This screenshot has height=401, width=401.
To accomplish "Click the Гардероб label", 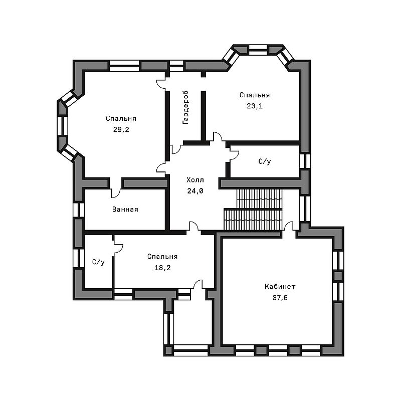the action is [x=185, y=107].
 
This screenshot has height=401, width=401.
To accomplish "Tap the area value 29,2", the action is [x=121, y=130].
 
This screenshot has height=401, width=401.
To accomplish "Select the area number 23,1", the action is [x=255, y=106].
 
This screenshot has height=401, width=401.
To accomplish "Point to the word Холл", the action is [x=195, y=180].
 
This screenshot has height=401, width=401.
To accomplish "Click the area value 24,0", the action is [x=195, y=191].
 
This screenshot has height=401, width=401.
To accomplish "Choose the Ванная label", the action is [x=125, y=210].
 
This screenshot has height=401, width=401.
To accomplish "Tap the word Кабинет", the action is [x=280, y=286].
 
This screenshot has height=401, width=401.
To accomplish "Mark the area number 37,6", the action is [x=280, y=298].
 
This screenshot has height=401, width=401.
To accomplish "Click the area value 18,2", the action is [x=162, y=268].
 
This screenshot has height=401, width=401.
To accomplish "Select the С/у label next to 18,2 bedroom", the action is [x=98, y=262].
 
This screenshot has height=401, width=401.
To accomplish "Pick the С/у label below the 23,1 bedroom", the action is [x=265, y=161].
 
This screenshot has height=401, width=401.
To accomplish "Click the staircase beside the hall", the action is [x=253, y=210].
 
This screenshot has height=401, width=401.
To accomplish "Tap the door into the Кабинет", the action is [x=289, y=227].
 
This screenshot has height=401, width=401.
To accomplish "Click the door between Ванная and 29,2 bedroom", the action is [x=116, y=191].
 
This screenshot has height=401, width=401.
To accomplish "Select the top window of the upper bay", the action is [x=258, y=50].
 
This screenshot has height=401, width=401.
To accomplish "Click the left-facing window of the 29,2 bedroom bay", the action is [x=63, y=126].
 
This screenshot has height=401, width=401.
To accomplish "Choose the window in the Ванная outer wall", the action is [x=79, y=210].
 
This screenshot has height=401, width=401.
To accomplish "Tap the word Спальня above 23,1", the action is [x=255, y=95].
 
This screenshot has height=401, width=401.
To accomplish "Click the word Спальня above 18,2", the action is [x=162, y=257].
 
